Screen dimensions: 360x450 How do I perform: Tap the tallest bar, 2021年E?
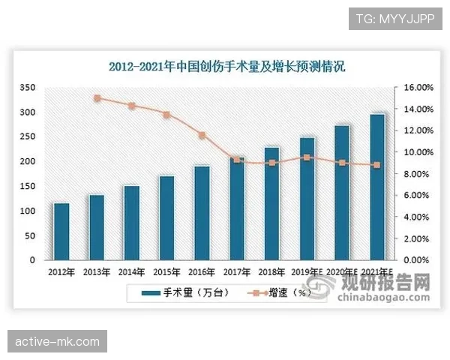[x=377, y=187]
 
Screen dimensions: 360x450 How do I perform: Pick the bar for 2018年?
[x=272, y=203]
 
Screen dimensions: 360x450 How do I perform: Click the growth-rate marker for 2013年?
[x=97, y=98]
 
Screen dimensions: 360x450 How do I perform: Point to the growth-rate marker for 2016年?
[x=202, y=135]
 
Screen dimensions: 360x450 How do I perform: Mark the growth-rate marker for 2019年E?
[x=307, y=157]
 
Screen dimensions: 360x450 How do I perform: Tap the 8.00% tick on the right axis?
[x=415, y=174]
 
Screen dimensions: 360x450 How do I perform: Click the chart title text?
[x=231, y=67]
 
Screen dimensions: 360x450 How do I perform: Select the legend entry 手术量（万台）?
[x=193, y=292]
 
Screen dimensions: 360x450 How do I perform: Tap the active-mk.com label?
[x=57, y=342]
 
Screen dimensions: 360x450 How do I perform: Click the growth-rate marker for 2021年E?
[x=377, y=165]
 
